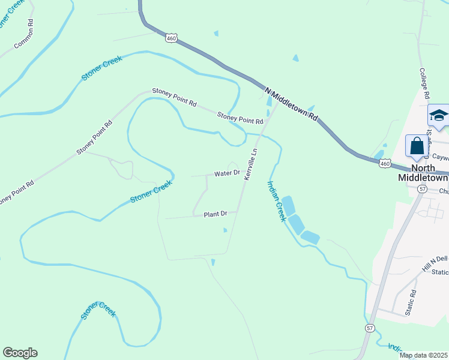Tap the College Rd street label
(424, 82)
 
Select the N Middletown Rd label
(291, 104)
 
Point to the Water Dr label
(228, 173)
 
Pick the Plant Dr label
(215, 214)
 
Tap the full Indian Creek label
(277, 201)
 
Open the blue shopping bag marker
(417, 146)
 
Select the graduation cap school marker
(438, 115)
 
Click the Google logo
(20, 353)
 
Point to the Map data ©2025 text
(423, 355)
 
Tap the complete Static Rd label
(411, 303)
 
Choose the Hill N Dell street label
(435, 265)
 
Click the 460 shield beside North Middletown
(386, 163)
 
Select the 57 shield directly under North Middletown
(423, 188)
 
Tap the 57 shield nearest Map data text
(370, 328)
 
